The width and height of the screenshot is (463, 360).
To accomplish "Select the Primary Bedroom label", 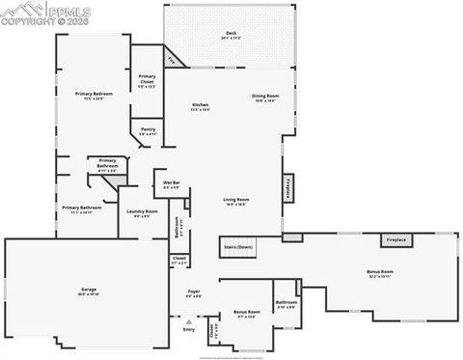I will [95, 96].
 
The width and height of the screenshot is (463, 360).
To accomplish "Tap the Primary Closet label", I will [147, 78].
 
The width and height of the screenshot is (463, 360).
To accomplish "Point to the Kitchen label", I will [201, 106].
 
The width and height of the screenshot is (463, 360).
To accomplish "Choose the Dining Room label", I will [265, 97].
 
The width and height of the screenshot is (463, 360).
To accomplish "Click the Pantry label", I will [148, 130].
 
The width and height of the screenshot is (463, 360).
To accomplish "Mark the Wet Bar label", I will [171, 184].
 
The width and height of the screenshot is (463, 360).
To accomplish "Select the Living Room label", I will [237, 202].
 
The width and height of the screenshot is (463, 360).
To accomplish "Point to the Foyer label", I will [194, 293].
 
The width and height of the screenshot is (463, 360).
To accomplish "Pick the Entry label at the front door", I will [188, 330].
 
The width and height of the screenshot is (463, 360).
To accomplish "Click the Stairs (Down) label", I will [238, 247].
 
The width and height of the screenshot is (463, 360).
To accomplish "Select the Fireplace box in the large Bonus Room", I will [396, 239].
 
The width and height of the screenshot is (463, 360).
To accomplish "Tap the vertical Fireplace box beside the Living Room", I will [287, 188].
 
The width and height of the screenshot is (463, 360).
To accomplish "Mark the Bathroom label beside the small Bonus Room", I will [286, 304].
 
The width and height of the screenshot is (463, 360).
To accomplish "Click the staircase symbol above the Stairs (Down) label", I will [246, 236].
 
